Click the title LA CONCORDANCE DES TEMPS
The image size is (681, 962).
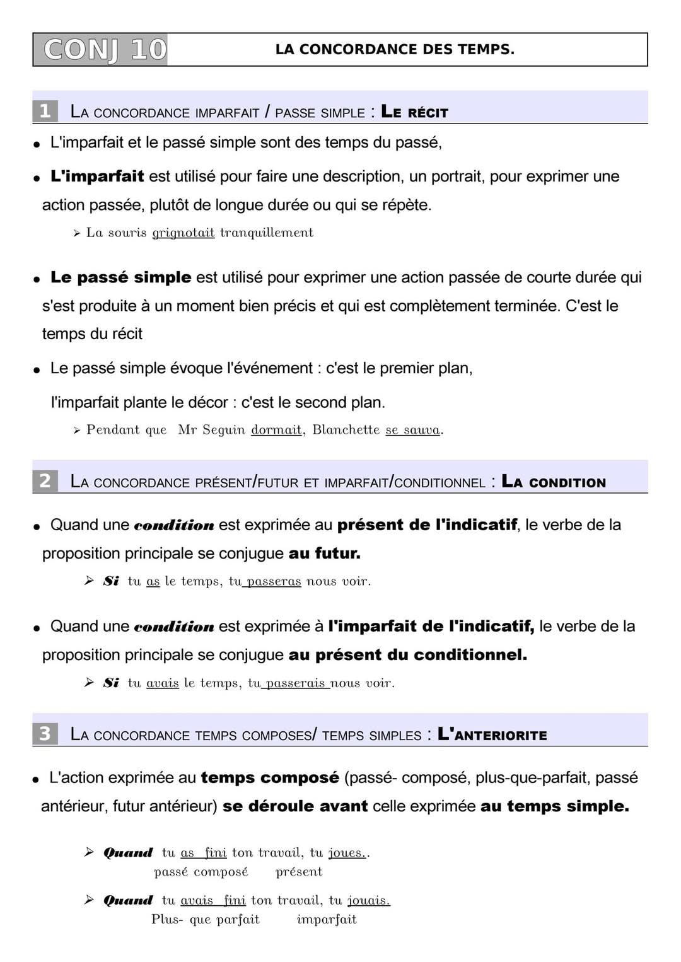395,50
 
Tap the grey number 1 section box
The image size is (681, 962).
45,112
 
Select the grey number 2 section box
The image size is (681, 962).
45,481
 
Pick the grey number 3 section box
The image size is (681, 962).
45,734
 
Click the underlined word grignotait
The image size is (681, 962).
183,233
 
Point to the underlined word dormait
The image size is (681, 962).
276,430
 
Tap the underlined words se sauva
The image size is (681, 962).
413,430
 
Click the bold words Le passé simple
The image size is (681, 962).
120,277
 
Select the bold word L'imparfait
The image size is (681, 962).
97,177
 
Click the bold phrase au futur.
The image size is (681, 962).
324,553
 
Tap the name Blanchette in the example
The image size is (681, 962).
346,430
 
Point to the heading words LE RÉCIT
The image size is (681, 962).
414,112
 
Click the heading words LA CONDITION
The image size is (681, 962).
553,482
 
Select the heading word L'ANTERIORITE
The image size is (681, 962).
492,734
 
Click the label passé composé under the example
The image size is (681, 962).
201,872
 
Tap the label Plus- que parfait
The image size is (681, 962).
206,920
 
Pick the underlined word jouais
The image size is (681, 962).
368,901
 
